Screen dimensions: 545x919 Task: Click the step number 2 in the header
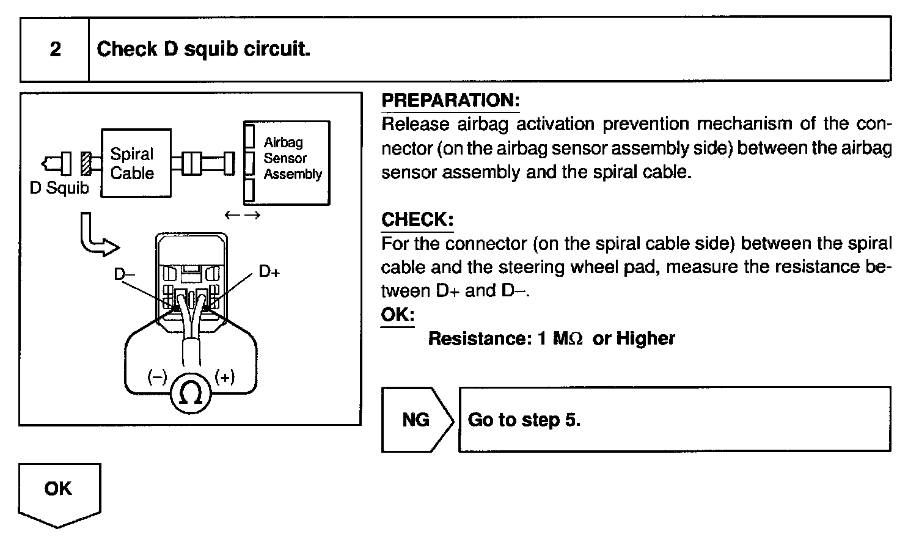(55, 49)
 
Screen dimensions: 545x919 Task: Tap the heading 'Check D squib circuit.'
(203, 49)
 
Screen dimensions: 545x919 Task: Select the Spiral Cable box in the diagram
(135, 163)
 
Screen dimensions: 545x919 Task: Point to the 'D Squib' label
(59, 188)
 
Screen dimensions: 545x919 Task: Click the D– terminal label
(125, 274)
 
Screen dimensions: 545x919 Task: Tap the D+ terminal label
(269, 271)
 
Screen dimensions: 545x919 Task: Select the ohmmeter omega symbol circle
(190, 394)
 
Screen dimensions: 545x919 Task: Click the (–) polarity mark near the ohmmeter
(157, 378)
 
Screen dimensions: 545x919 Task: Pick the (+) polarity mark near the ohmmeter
(225, 378)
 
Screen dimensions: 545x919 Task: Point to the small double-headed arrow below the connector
(242, 215)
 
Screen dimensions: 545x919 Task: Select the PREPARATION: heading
(450, 100)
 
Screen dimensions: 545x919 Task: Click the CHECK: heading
(417, 219)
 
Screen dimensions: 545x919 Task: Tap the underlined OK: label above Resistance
(397, 315)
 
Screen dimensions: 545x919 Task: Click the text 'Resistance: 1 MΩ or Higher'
(551, 338)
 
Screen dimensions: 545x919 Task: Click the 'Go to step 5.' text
(524, 420)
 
